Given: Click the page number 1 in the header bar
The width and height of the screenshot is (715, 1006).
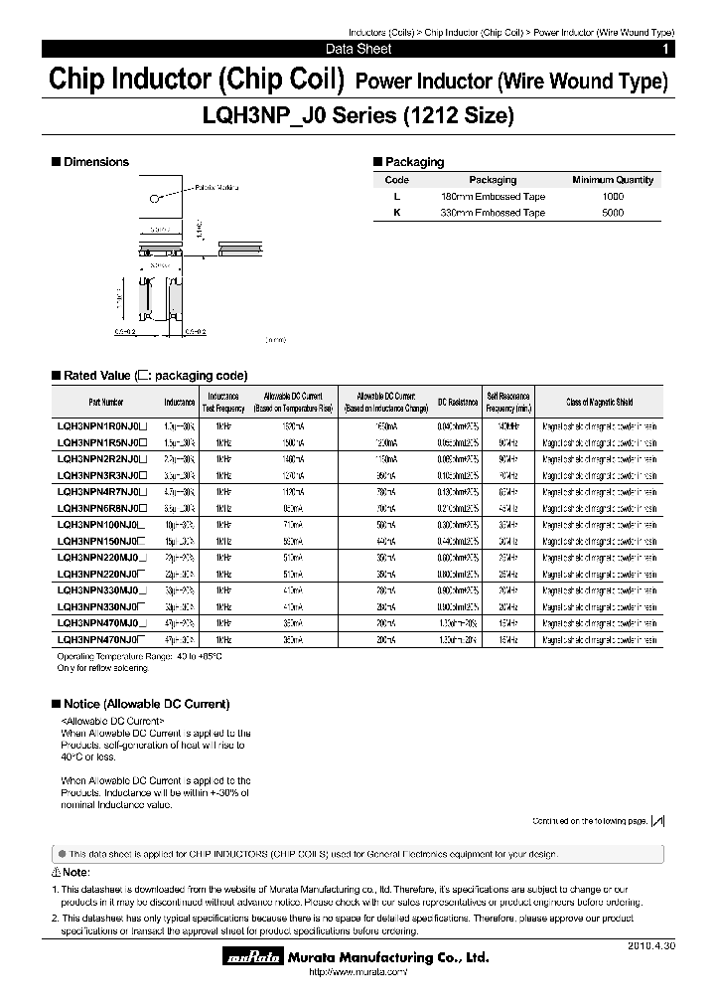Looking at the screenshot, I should tap(664, 49).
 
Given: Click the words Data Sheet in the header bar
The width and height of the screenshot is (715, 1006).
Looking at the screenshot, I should tap(357, 49).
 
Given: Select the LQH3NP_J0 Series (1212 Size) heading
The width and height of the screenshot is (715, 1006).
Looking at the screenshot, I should tap(357, 116).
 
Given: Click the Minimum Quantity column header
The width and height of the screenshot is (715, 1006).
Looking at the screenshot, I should tap(613, 180).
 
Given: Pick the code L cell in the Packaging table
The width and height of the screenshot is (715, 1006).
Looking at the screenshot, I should tap(397, 197).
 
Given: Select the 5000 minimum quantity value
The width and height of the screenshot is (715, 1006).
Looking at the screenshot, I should tap(613, 213).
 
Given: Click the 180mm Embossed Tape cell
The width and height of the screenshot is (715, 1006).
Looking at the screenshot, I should tap(493, 197).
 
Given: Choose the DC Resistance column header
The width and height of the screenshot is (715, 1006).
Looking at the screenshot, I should tap(458, 403).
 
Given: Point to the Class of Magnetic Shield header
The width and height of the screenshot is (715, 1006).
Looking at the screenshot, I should tap(599, 403).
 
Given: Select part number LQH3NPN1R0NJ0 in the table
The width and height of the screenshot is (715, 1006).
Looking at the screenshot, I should tap(102, 424).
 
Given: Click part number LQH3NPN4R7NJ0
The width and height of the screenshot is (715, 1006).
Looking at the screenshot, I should tap(102, 492).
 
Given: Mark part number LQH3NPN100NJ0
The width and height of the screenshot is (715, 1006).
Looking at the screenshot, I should tap(102, 524).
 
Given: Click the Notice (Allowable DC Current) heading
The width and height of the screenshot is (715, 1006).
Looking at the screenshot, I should tap(146, 704).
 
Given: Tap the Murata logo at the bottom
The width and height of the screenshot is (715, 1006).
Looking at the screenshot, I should tap(246, 958).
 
